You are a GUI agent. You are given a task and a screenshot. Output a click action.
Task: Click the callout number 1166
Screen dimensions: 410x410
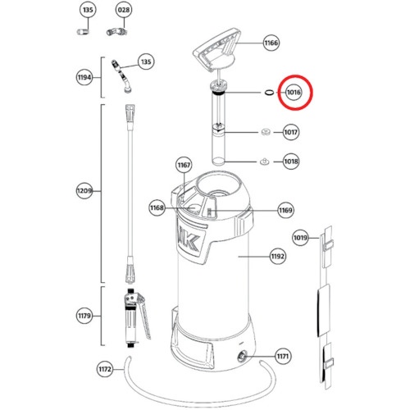click(x=271, y=43)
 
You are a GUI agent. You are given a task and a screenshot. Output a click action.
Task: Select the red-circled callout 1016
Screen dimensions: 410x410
click(x=294, y=93)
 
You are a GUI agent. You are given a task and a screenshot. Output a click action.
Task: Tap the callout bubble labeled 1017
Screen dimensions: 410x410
click(x=290, y=132)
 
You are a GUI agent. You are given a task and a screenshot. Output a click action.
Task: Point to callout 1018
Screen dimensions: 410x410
click(x=291, y=162)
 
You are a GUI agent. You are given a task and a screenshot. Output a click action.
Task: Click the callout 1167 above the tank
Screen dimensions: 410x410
click(x=184, y=165)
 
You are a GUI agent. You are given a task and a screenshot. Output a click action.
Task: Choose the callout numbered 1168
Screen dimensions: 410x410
click(x=157, y=208)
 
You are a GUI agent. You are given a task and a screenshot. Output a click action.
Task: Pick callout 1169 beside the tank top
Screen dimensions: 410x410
click(x=285, y=210)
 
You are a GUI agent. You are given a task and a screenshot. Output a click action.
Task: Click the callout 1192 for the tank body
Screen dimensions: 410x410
click(x=278, y=257)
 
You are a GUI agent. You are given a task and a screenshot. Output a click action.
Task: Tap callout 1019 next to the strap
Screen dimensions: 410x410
click(x=300, y=238)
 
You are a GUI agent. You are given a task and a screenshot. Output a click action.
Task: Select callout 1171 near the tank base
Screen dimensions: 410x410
click(x=283, y=356)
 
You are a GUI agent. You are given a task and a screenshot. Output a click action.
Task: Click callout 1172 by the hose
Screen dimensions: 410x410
click(x=105, y=369)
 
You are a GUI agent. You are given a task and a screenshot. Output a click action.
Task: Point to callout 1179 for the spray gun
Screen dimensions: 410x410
click(x=84, y=316)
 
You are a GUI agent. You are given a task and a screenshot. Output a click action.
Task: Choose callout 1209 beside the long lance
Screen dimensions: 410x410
click(x=84, y=190)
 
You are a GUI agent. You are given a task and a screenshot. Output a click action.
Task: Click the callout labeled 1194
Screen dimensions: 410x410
click(x=84, y=77)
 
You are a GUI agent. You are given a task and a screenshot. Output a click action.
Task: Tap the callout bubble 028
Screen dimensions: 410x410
click(x=124, y=10)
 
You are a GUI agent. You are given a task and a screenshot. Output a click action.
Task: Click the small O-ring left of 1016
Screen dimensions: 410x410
click(x=269, y=93)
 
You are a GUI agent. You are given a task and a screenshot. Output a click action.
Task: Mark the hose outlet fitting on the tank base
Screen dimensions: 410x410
click(x=242, y=356)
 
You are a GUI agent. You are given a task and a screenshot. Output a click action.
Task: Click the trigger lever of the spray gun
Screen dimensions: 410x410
click(x=143, y=317)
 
